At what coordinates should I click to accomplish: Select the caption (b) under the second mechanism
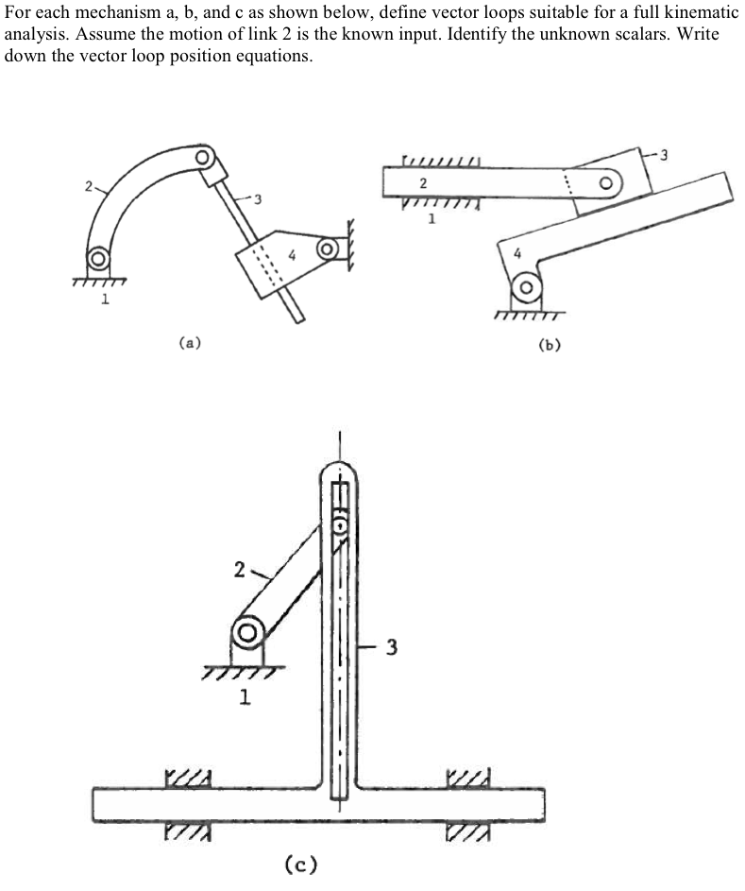549,345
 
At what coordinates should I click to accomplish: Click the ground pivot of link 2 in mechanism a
97,258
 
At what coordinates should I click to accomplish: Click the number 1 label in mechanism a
105,300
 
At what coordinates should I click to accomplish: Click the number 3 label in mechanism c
391,648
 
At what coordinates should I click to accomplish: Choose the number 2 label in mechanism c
240,570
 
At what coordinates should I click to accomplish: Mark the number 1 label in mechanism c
246,698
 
